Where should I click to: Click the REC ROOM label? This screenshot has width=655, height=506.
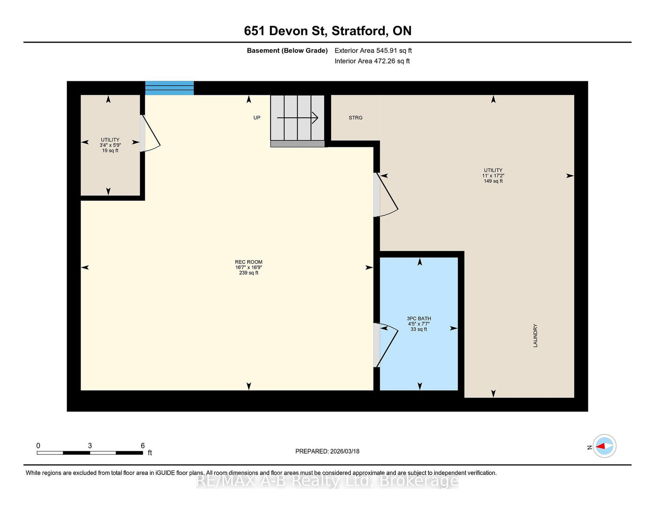point(248,262)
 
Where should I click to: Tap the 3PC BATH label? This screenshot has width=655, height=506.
point(419,318)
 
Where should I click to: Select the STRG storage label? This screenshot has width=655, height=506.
point(355,118)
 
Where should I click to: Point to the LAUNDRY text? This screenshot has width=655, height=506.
point(535,335)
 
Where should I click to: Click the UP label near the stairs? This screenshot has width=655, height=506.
point(257,118)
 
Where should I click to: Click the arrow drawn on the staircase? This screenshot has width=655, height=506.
point(298,118)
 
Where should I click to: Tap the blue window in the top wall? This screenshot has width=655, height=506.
point(169,88)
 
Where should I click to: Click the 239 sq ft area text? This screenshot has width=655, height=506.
point(248,273)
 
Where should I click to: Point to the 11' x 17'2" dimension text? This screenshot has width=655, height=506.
point(493,175)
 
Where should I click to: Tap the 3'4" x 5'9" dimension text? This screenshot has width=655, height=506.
point(110,145)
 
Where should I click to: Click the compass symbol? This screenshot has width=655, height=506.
point(604,446)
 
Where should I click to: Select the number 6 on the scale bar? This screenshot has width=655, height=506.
point(142,445)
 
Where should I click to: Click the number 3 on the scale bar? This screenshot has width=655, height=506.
point(90,445)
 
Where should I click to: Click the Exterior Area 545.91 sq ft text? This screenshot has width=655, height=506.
point(373,51)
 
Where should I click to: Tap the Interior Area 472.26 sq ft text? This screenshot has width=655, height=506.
point(372,61)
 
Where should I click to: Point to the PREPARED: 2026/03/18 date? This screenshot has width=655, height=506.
point(327,451)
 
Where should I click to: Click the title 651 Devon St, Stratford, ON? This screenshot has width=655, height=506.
point(327,31)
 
